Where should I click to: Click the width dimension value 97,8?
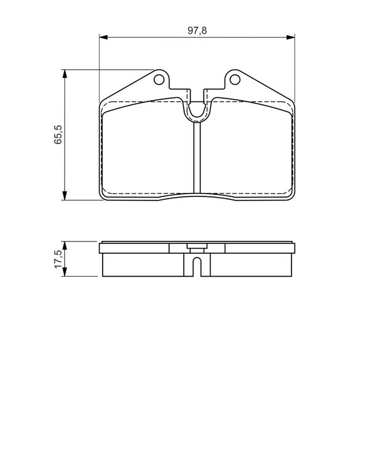197,30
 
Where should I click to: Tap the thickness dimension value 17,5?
57,259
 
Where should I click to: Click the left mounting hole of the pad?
158,79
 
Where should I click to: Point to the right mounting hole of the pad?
234,79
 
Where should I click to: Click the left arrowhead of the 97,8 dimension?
102,38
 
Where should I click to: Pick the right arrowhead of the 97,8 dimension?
290,38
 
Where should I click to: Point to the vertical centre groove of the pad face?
197,158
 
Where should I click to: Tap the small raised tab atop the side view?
197,247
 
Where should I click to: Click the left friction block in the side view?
147,265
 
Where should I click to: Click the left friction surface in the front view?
147,152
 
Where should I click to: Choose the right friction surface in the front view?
246,152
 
